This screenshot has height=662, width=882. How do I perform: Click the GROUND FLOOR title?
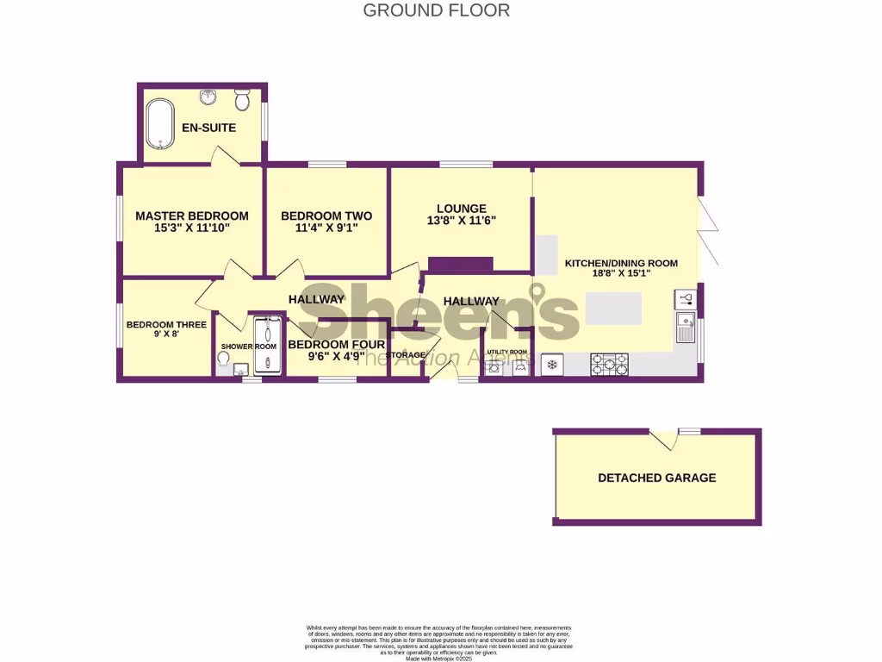click(x=436, y=10)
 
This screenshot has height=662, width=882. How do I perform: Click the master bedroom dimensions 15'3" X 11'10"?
click(x=191, y=228)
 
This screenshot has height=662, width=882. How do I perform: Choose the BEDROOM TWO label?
click(x=326, y=215)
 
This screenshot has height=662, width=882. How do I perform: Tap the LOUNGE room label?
click(x=461, y=209)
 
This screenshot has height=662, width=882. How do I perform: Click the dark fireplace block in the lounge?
click(x=460, y=264)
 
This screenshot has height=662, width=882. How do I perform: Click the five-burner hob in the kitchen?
click(x=609, y=365)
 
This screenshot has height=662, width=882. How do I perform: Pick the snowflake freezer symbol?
click(x=552, y=365)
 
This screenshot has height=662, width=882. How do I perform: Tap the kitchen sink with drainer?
click(x=686, y=329)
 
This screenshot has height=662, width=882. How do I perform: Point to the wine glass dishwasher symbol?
click(x=686, y=298)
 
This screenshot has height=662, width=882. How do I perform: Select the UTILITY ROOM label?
click(x=506, y=353)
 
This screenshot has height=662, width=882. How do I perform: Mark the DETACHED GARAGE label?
click(x=656, y=478)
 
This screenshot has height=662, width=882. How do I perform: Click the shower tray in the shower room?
click(x=267, y=346)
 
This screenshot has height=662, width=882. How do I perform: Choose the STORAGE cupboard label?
click(x=405, y=355)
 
